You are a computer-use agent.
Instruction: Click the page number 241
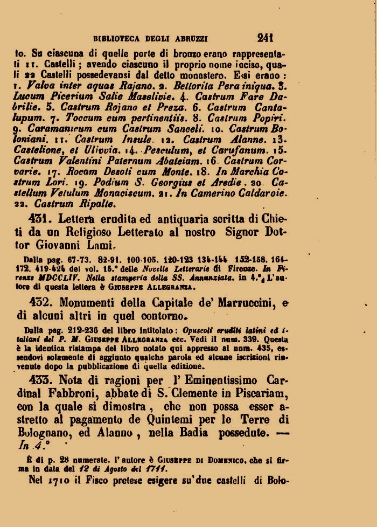[x=266, y=38]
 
